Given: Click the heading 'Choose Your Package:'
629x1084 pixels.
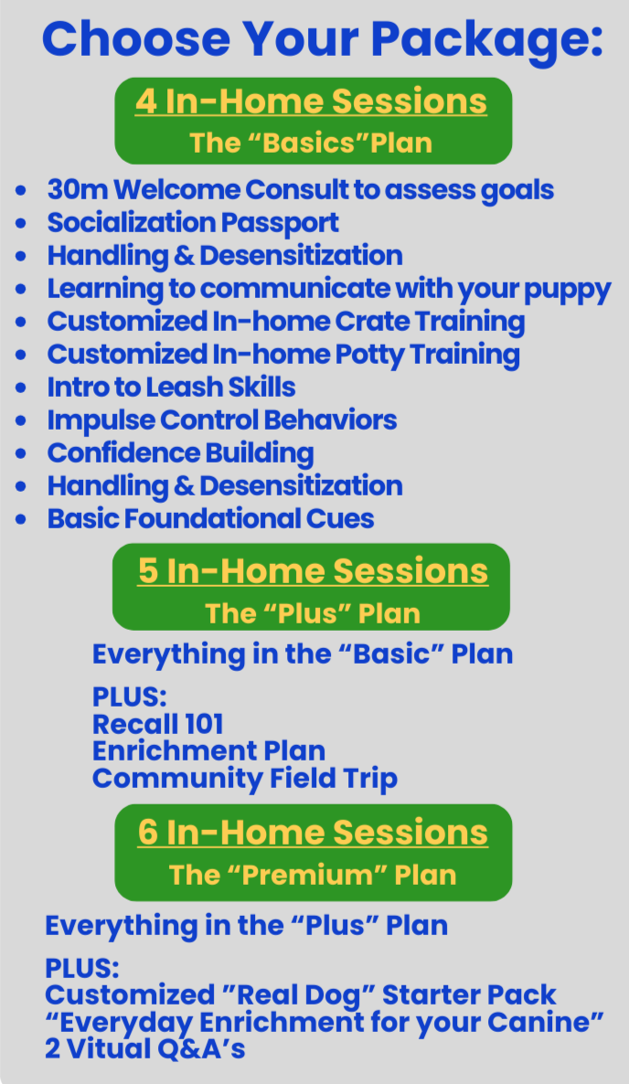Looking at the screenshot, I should coord(322,38).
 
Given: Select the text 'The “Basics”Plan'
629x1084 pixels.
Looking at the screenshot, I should coord(311,143).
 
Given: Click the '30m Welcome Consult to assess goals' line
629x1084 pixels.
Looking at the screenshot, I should coord(300,190).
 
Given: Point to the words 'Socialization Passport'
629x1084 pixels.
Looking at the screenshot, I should coord(193,223).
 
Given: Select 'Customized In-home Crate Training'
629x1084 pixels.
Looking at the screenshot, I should coord(285,322).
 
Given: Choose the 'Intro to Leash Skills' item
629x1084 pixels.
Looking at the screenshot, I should coord(171,388).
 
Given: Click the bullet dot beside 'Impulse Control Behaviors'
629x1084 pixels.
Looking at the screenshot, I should coord(21,421).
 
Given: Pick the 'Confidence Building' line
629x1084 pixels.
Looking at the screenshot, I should coord(180,453).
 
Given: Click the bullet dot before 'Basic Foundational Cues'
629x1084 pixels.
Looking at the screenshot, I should coord(21,520).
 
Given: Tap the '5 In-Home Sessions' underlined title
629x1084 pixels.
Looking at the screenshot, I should coord(313,570).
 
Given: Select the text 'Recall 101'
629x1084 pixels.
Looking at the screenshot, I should coord(157,724).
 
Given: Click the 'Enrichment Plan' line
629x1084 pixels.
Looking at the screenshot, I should coord(208,751).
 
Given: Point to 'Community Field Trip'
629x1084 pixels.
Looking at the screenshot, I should coord(244,779).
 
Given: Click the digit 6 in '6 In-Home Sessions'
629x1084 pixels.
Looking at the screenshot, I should coord(148,832).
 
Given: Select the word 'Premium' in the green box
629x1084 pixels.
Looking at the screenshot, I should coord(313,875).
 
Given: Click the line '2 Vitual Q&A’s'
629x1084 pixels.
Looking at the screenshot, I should coord(144,1049).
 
